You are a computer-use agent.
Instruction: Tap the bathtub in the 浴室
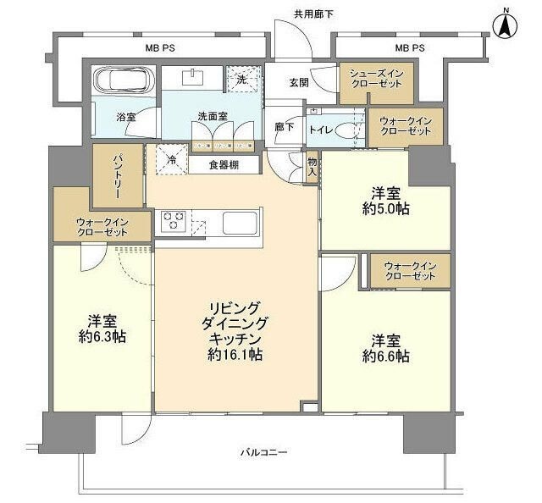coord(124,82)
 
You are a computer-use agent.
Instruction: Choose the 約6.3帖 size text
coord(101,337)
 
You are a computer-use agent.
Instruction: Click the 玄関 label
coord(298,83)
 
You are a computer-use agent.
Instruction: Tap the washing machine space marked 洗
coord(242,80)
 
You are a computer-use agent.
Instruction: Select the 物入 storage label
coord(312,166)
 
